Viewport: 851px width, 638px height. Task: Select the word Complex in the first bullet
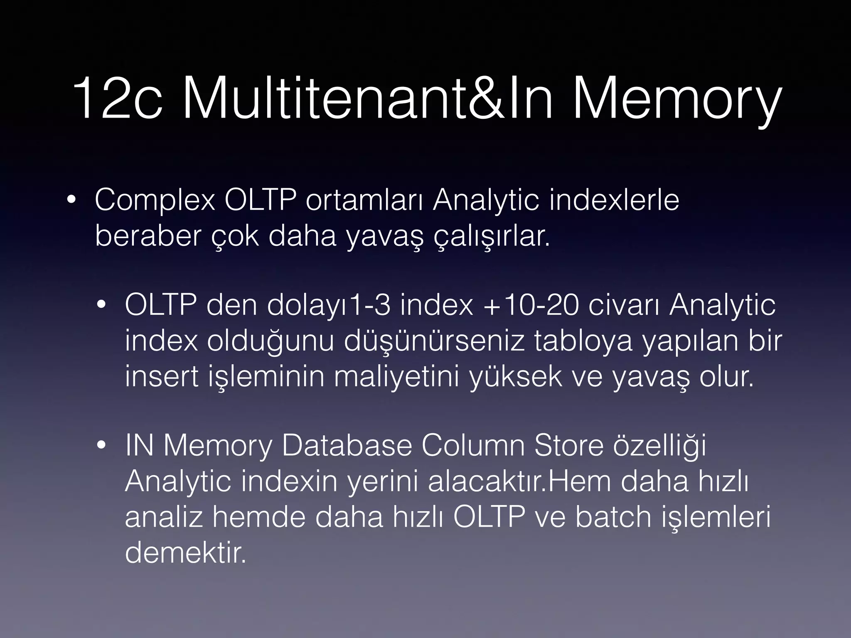pos(155,201)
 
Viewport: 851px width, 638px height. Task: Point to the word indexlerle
pos(615,201)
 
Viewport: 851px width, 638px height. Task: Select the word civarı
pos(624,306)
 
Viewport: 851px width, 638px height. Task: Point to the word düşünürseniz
pos(435,342)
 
